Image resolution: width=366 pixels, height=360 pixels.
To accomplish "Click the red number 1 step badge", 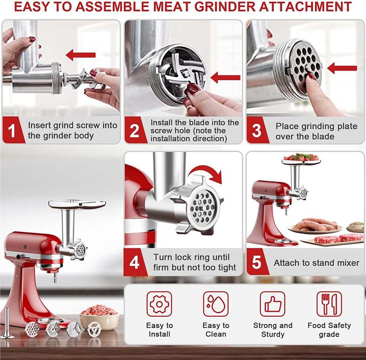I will tap(13, 131).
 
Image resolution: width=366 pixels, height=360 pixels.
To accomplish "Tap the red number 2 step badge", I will tap(135, 131).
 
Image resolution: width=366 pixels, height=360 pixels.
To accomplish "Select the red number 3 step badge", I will tap(257, 131).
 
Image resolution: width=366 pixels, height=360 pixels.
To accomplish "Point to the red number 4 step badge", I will tap(135, 263).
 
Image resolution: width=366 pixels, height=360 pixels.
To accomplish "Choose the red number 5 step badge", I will tap(257, 263).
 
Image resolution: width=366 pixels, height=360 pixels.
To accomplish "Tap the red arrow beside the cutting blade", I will tap(225, 78).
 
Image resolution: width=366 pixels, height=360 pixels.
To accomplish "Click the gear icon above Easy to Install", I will tap(159, 304).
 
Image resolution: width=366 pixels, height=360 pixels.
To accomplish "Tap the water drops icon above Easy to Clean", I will tap(216, 304).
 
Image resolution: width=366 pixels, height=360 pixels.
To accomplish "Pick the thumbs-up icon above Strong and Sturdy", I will tap(272, 304).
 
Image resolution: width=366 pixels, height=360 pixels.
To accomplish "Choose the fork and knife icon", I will tap(329, 304).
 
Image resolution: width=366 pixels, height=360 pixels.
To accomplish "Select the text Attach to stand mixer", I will tap(316, 263).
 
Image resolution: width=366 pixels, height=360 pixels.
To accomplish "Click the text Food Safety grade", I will tap(329, 330).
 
